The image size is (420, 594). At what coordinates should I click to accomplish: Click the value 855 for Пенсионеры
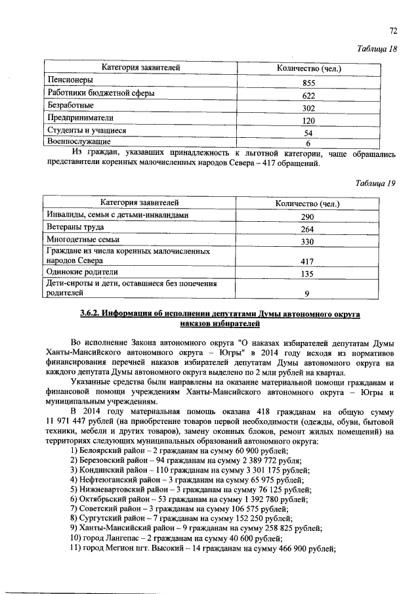point(308,83)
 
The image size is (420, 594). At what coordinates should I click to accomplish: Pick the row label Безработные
point(70,106)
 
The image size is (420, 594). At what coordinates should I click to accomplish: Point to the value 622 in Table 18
point(308,96)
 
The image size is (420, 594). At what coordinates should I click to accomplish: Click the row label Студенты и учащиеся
point(82,131)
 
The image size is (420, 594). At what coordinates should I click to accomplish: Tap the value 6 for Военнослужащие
point(308,143)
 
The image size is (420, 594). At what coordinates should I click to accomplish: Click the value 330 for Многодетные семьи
point(308,242)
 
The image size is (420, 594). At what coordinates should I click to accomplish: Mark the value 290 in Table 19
point(308,217)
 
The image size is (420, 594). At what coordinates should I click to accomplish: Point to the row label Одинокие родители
point(82,272)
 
